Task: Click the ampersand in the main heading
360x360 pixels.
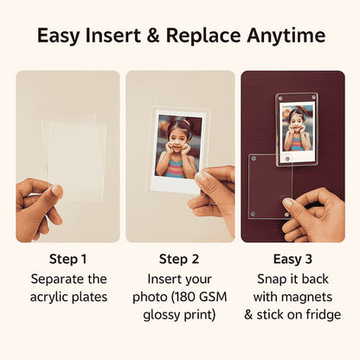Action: click(x=153, y=35)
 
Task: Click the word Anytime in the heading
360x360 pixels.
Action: click(x=286, y=36)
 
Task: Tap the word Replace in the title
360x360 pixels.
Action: click(x=203, y=36)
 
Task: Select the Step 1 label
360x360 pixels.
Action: click(x=68, y=259)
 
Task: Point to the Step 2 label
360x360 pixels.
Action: click(x=179, y=259)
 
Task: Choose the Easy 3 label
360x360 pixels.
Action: click(x=292, y=259)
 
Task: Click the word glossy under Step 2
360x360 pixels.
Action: click(x=159, y=315)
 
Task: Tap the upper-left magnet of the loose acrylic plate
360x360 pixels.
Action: click(x=254, y=158)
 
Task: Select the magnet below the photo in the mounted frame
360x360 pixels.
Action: click(x=287, y=158)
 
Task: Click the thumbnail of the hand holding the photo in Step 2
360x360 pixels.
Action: click(x=202, y=177)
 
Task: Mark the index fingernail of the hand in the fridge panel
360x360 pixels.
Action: click(x=288, y=202)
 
